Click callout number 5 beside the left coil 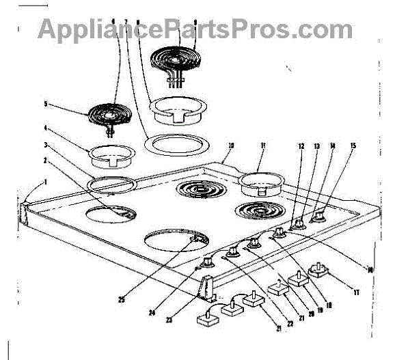coord(46,105)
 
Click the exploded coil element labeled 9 coord(174,61)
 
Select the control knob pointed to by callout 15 coord(318,217)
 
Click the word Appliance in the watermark coord(98,29)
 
